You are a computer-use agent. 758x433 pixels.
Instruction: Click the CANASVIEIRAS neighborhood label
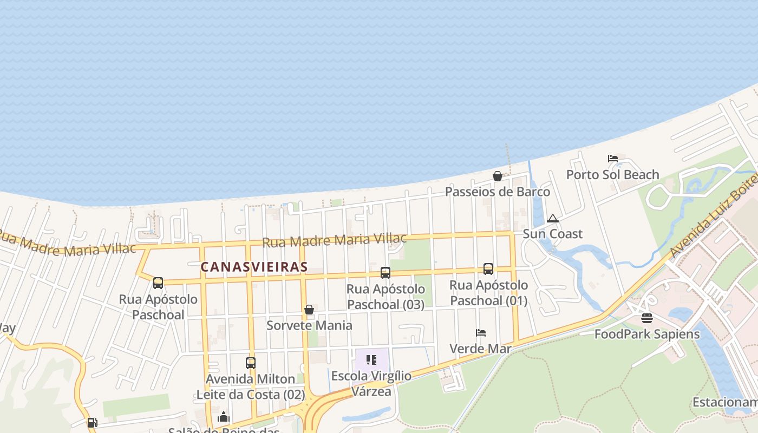point(254,267)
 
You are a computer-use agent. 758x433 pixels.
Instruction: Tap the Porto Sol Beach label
point(612,175)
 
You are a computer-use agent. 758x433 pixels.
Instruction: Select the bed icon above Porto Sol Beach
point(613,159)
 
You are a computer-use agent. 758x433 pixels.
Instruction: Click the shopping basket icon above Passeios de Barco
point(497,176)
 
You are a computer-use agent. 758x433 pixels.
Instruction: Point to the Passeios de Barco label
point(497,192)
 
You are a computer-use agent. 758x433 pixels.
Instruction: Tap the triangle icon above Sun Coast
point(552,219)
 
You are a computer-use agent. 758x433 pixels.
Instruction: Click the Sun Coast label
point(552,234)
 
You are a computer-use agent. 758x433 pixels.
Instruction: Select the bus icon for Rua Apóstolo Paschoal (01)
point(488,269)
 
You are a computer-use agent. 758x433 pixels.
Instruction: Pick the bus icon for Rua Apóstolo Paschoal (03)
point(385,273)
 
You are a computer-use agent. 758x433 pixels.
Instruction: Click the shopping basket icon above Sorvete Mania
point(309,310)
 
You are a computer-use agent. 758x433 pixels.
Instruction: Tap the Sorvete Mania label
point(309,325)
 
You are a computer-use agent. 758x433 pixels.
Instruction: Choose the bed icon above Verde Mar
point(480,333)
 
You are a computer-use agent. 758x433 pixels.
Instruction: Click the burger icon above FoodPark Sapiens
point(647,318)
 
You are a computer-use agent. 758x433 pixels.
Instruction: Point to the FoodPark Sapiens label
point(647,334)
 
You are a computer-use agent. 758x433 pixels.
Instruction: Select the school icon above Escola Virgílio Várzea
point(371,359)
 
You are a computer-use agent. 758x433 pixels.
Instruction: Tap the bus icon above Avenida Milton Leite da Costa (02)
point(250,363)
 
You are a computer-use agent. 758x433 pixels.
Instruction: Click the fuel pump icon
point(93,422)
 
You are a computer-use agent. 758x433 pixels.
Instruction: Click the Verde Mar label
point(480,349)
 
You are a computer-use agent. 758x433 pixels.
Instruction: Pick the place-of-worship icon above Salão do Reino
point(223,417)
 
